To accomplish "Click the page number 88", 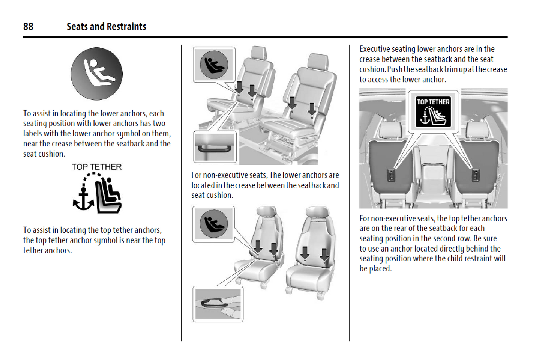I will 28,26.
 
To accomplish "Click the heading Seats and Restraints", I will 106,26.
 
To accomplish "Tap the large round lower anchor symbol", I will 97,74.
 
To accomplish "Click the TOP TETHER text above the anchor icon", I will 97,167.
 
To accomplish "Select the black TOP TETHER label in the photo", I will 433,111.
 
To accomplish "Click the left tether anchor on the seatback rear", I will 391,175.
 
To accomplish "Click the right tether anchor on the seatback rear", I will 476,175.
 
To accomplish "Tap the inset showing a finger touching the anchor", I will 218,304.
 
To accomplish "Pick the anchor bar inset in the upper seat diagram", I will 215,147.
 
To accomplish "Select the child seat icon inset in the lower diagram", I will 213,224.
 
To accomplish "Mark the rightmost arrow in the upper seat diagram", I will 312,108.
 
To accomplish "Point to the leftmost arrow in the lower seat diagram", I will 258,246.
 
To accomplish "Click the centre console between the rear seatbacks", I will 433,176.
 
